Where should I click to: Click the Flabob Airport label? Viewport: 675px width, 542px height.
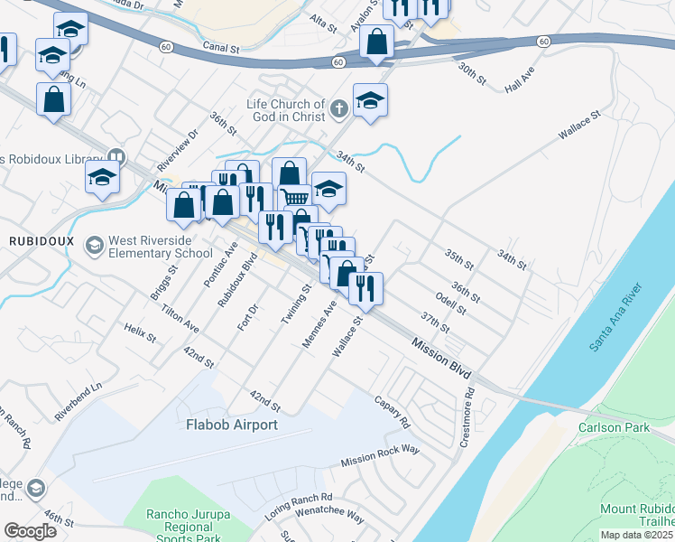coord(231,424)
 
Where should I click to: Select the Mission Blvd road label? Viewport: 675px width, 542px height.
coord(442,358)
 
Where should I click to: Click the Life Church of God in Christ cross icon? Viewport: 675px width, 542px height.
coord(338,110)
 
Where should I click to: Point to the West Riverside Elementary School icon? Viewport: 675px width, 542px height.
coord(94,246)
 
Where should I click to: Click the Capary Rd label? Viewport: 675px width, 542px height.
coord(391,411)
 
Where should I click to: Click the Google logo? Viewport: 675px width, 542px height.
coord(31,531)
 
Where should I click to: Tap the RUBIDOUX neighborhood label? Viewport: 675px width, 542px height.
coord(34,241)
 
